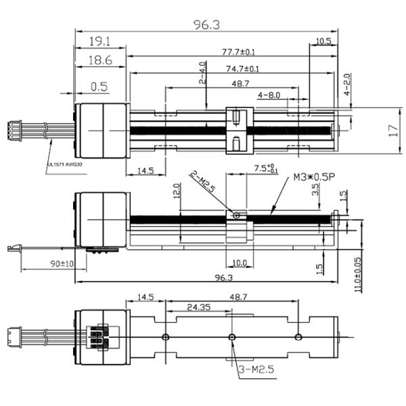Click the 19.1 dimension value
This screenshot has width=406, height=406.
(99, 41)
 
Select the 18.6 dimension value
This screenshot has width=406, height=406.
(99, 62)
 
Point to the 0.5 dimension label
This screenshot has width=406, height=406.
(99, 86)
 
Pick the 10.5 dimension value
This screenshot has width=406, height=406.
(323, 41)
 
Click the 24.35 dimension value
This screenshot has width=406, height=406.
(196, 308)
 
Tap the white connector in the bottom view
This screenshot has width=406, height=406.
(26, 336)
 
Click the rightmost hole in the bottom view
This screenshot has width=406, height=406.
(298, 336)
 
